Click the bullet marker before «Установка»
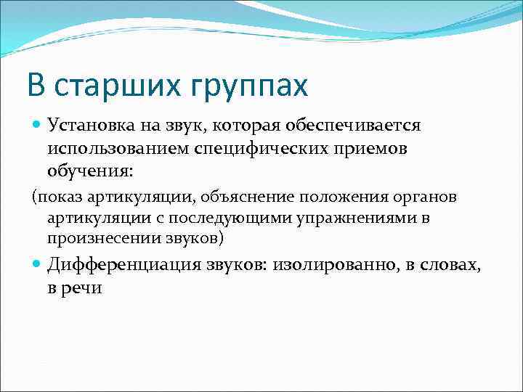(x=38, y=126)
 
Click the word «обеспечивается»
(x=358, y=126)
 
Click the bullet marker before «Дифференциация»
(x=38, y=266)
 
